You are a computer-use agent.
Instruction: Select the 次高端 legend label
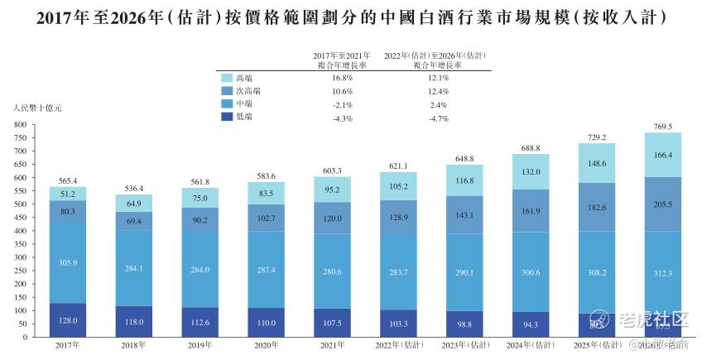coord(247,91)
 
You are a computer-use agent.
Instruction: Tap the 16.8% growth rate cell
coord(341,77)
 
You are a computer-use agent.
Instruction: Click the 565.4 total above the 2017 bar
coord(68,180)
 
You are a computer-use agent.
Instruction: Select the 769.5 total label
coord(663,127)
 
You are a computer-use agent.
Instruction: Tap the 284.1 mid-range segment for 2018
coord(134,268)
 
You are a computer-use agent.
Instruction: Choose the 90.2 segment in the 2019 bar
coord(200,219)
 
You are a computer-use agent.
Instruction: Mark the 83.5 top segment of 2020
coord(267,193)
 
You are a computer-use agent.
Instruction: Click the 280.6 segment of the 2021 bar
coord(333,270)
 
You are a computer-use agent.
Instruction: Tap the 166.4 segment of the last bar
coord(663,155)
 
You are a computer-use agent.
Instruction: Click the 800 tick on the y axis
coord(22,124)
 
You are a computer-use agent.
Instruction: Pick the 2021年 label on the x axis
coord(333,344)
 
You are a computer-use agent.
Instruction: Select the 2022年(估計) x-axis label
coord(398,344)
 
